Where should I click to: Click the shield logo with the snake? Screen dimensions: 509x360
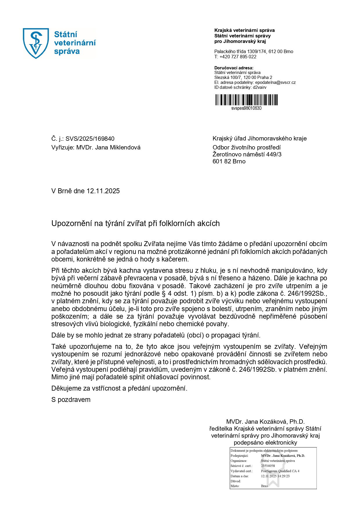tap(36, 43)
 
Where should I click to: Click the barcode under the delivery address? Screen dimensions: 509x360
tap(246, 100)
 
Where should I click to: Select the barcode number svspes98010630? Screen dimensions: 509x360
tap(246, 108)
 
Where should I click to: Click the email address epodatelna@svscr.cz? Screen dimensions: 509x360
tap(275, 82)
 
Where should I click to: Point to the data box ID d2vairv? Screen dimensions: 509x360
tap(260, 87)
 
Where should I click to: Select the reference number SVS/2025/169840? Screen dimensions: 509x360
tap(90, 139)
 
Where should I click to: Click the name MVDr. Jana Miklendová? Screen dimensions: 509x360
tap(108, 147)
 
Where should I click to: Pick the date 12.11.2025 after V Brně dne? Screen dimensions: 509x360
tap(103, 191)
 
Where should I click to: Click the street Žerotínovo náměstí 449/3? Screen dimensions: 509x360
tap(247, 154)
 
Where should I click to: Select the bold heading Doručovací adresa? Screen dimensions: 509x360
tap(234, 68)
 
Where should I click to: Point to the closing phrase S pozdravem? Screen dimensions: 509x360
tap(71, 400)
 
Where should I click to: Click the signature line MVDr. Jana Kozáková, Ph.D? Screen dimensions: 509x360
tap(265, 422)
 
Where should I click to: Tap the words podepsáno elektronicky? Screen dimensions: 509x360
tap(265, 443)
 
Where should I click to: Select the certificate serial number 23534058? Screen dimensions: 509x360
tap(268, 466)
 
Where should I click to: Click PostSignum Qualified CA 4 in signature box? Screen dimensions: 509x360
tap(280, 471)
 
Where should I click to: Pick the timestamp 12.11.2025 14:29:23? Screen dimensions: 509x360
tap(275, 476)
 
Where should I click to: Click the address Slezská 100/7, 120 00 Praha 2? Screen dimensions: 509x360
tap(243, 77)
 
